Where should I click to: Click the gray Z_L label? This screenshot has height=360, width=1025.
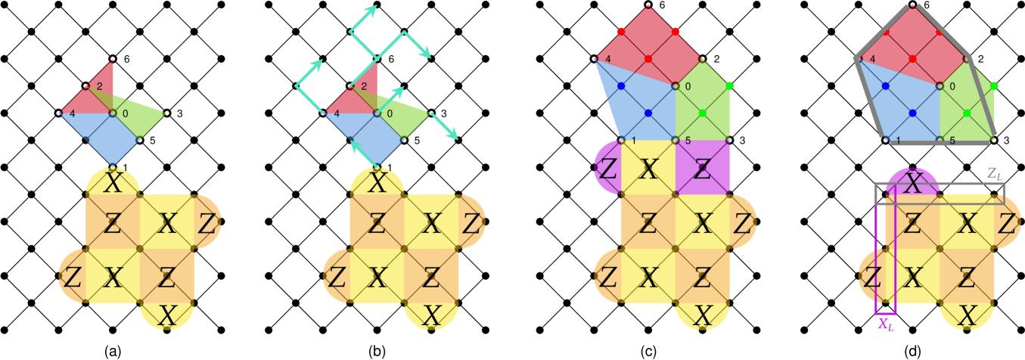click(x=995, y=173)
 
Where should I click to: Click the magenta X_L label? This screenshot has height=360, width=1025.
click(x=885, y=324)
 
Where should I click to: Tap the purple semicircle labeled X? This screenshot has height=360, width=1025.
click(x=913, y=182)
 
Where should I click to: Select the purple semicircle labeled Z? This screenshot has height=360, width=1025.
click(x=607, y=168)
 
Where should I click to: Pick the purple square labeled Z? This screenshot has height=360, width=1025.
click(x=702, y=168)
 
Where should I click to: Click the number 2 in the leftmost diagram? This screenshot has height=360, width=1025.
click(x=99, y=86)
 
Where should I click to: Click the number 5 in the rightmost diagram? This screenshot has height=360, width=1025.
click(x=952, y=141)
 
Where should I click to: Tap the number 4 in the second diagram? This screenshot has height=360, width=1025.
click(x=337, y=114)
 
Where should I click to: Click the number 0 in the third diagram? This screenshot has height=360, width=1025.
click(x=688, y=86)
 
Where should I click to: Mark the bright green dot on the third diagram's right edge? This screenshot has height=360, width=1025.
click(x=729, y=86)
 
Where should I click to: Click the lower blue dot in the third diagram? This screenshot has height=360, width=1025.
click(x=648, y=113)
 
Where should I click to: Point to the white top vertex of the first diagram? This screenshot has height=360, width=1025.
click(x=113, y=58)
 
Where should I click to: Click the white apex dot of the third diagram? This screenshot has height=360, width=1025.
click(x=648, y=5)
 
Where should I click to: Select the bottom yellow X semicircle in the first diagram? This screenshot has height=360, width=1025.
click(x=167, y=315)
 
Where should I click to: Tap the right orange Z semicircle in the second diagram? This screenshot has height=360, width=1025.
click(x=472, y=222)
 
